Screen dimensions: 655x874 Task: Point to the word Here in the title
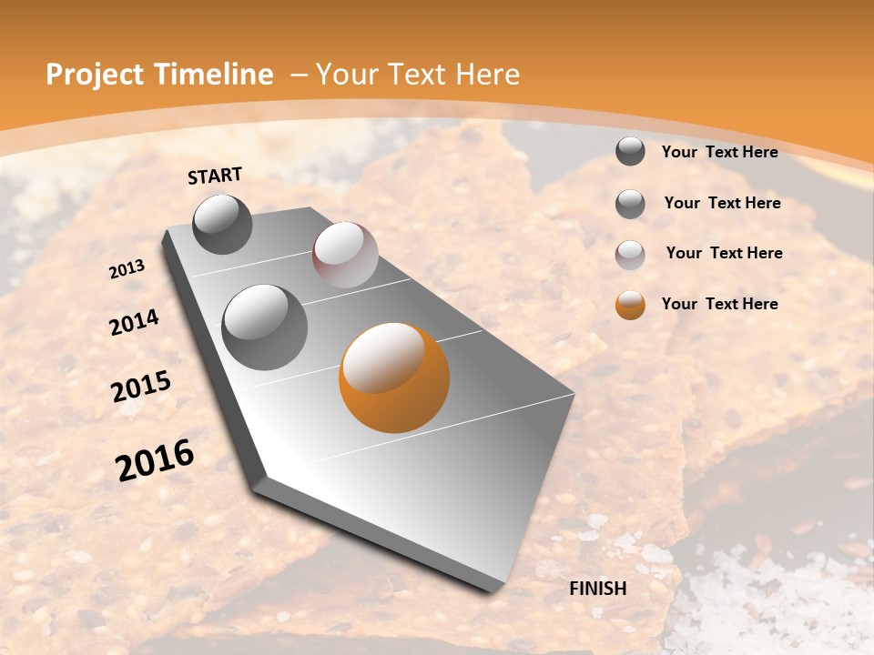(x=487, y=75)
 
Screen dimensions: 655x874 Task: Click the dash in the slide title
(x=298, y=76)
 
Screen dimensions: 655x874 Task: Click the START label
(x=215, y=176)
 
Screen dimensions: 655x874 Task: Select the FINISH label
(x=598, y=589)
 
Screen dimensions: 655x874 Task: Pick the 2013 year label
(x=127, y=269)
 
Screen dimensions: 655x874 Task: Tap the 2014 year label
(x=135, y=323)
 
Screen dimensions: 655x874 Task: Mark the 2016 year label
(x=155, y=460)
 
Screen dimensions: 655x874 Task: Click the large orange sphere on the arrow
(x=394, y=378)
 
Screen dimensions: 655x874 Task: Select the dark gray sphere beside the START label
(x=223, y=224)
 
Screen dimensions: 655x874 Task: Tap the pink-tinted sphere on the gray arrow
(x=345, y=255)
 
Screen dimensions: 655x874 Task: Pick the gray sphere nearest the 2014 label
(x=264, y=327)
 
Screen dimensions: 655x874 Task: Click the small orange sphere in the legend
(x=630, y=305)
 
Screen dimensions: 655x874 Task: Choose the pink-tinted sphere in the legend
(x=630, y=255)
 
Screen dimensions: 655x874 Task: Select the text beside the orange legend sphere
(x=720, y=304)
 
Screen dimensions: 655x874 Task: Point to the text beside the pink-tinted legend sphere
(x=725, y=253)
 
